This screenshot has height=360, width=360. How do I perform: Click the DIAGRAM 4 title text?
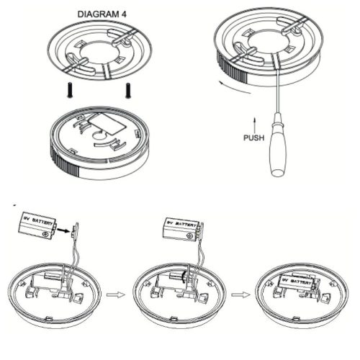point(102,14)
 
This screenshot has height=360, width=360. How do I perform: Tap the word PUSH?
point(254,138)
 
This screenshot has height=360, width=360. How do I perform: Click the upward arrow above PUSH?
point(254,125)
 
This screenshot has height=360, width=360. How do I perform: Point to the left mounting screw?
point(70,90)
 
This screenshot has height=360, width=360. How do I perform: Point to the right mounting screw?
point(128,90)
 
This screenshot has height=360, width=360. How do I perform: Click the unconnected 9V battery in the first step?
point(37,225)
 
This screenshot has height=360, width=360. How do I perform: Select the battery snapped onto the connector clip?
point(181,230)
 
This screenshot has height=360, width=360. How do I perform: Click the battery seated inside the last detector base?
point(297,284)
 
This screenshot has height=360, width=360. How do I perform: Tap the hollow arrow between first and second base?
point(116,294)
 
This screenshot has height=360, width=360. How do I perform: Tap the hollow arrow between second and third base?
point(240,294)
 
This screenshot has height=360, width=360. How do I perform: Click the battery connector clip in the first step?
point(76,230)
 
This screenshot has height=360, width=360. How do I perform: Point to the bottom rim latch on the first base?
point(49,319)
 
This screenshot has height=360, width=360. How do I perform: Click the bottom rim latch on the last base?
point(297,319)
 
